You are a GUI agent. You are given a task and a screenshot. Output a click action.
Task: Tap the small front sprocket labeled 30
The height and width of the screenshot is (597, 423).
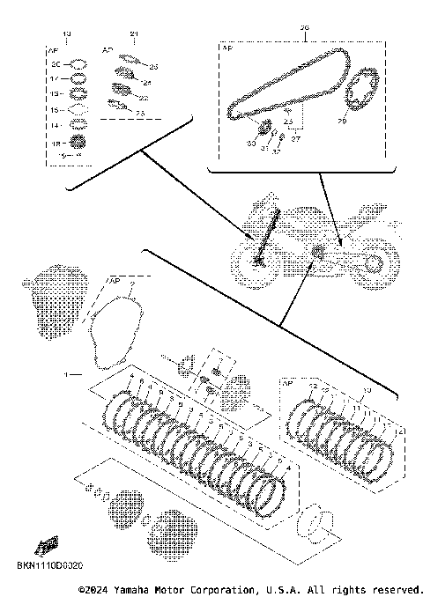click(263, 132)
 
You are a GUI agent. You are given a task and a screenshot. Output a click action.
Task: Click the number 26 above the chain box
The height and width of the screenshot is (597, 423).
click(306, 27)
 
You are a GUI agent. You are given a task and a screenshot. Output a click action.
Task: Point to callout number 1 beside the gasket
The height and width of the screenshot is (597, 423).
click(65, 373)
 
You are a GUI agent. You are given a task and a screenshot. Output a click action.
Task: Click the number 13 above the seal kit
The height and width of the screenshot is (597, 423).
click(70, 34)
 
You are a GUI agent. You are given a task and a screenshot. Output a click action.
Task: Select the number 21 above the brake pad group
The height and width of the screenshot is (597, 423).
click(133, 34)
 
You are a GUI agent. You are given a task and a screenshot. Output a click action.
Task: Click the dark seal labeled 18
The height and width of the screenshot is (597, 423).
click(78, 141)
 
